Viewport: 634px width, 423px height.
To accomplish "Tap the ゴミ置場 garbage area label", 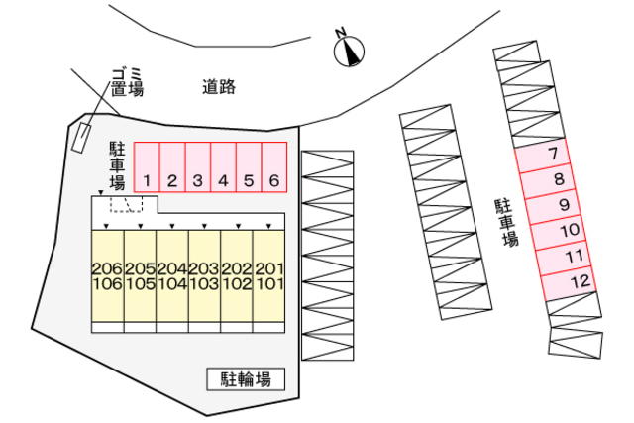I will (126, 81).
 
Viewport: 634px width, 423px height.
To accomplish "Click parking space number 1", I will (147, 168).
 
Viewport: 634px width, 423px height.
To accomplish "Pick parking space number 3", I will (197, 168).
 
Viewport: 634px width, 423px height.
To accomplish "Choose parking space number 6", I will (274, 168).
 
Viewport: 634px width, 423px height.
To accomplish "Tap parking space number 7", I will (553, 154).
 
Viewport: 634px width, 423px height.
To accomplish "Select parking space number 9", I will (563, 205).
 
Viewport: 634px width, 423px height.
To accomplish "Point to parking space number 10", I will (570, 231).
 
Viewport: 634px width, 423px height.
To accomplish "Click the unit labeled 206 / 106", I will (107, 276).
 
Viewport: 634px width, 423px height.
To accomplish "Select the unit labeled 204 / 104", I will (172, 276).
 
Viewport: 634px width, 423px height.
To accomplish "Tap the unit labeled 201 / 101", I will (269, 276).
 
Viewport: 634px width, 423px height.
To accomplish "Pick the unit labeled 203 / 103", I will (204, 276).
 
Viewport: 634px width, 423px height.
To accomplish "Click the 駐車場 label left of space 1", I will (117, 164).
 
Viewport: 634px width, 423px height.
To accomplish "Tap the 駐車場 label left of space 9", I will (506, 223).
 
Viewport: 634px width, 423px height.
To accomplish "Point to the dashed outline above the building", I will (126, 204).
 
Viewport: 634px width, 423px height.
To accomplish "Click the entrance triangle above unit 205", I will (140, 227).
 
